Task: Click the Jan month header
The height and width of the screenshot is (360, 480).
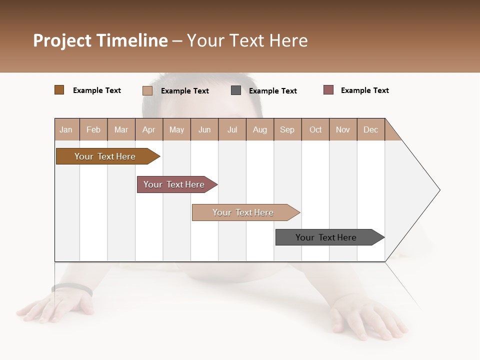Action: coord(66,129)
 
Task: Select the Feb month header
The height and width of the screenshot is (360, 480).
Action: coord(93,129)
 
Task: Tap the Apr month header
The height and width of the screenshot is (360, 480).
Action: coord(148,129)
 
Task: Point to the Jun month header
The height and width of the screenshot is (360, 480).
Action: coord(204,129)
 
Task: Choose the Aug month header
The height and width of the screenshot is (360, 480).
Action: coord(259,129)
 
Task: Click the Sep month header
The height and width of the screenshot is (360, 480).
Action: coord(287,129)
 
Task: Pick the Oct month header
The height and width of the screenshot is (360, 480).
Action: coord(315,129)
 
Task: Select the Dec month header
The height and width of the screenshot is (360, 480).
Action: coord(370,129)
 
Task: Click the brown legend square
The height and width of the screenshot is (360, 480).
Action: coord(59,90)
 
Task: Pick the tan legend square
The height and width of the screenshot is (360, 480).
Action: coord(147,90)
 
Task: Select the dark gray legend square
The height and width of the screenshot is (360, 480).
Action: coord(236,90)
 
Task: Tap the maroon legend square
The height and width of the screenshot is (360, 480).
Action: coord(328,90)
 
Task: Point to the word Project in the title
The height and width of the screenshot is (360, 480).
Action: coord(62,40)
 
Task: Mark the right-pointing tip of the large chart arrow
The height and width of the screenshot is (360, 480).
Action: coord(439,190)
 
